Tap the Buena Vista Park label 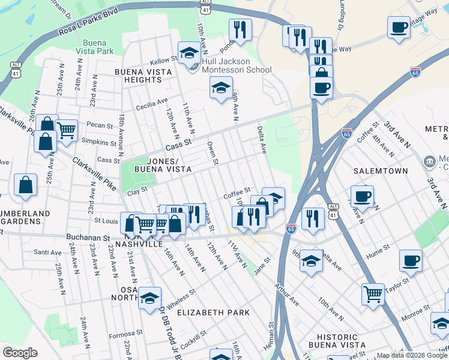click(98, 47)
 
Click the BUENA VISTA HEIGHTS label click(143, 76)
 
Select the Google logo click(20, 352)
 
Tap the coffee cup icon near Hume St click(411, 260)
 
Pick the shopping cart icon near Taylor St click(373, 294)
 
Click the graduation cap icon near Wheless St click(149, 297)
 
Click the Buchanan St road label click(88, 238)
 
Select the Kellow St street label click(163, 60)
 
